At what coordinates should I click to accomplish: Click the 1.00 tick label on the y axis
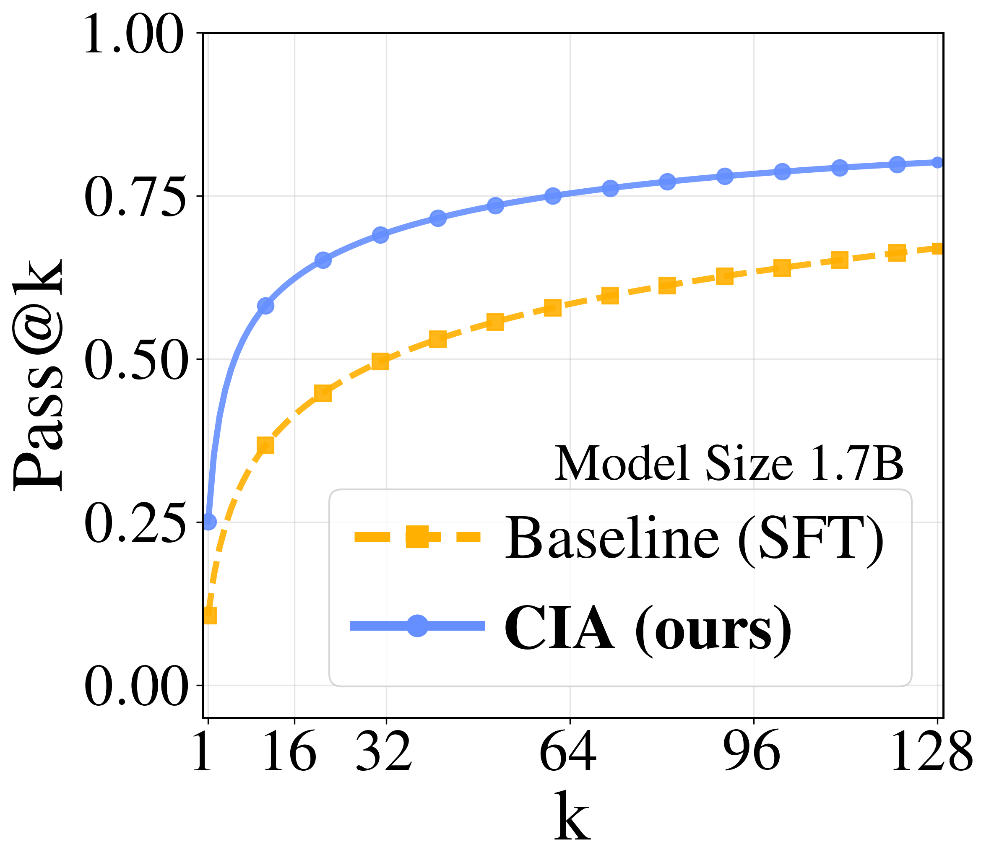134,35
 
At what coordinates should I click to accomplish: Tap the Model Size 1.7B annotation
729,463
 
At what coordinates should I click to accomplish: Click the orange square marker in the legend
417,537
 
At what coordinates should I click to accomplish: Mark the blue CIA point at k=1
209,522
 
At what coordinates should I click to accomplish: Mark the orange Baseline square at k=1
209,616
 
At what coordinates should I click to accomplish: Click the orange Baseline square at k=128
937,249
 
